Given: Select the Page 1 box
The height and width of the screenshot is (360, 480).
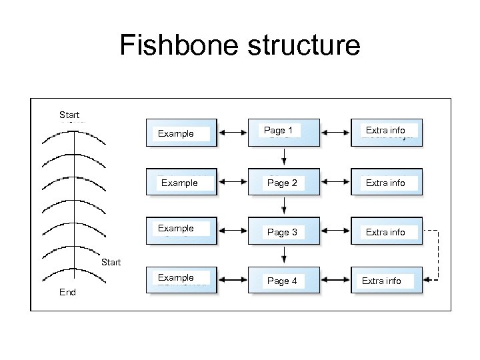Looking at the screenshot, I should [x=283, y=132].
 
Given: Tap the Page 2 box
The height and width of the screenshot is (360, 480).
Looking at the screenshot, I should [x=283, y=181].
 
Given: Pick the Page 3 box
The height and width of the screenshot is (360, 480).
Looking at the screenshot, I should [x=283, y=231].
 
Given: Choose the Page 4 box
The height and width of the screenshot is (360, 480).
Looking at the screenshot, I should [x=283, y=280].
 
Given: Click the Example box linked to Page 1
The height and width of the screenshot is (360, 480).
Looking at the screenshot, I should [x=181, y=133].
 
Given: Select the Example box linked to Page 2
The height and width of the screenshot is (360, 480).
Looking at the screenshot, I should [x=181, y=181].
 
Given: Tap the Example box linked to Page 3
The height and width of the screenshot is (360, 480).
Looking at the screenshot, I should [x=181, y=231].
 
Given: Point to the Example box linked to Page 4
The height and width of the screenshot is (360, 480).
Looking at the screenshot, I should [x=181, y=280].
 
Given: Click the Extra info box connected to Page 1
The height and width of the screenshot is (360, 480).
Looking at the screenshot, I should [x=387, y=132].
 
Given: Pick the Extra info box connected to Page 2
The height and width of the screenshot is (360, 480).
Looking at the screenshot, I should [x=387, y=181].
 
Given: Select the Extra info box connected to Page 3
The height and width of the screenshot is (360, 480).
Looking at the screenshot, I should [x=387, y=231].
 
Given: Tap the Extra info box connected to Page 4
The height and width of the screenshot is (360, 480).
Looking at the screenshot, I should [x=387, y=280].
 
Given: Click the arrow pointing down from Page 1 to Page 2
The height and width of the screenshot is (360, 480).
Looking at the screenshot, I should [x=285, y=157].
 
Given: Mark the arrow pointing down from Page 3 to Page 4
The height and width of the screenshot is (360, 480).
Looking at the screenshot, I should [x=285, y=255].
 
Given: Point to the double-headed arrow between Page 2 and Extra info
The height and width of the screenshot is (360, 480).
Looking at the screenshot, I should [x=335, y=181].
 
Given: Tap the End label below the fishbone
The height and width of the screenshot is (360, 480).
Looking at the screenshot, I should [x=67, y=292].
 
